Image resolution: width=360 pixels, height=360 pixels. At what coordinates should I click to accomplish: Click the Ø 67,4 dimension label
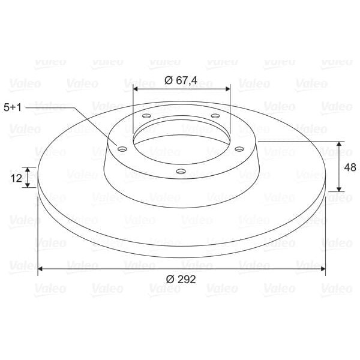[x=181, y=80]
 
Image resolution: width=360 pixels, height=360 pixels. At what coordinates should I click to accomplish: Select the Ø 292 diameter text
[x=181, y=280]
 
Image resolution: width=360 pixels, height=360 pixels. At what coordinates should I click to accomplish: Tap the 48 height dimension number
[x=350, y=167]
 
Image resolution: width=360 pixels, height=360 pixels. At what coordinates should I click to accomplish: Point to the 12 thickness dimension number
[x=16, y=178]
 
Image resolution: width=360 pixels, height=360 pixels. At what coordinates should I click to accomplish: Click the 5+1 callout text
[x=13, y=107]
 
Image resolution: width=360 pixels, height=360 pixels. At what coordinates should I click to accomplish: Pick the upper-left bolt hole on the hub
[x=146, y=116]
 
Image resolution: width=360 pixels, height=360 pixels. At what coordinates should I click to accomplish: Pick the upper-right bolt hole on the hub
[x=215, y=116]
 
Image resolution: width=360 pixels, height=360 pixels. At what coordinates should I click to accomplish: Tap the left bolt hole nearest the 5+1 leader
[x=122, y=149]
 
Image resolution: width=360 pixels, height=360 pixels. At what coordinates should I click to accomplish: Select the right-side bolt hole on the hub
[x=239, y=149]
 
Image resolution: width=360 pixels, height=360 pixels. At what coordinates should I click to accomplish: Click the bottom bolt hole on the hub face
[x=181, y=171]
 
